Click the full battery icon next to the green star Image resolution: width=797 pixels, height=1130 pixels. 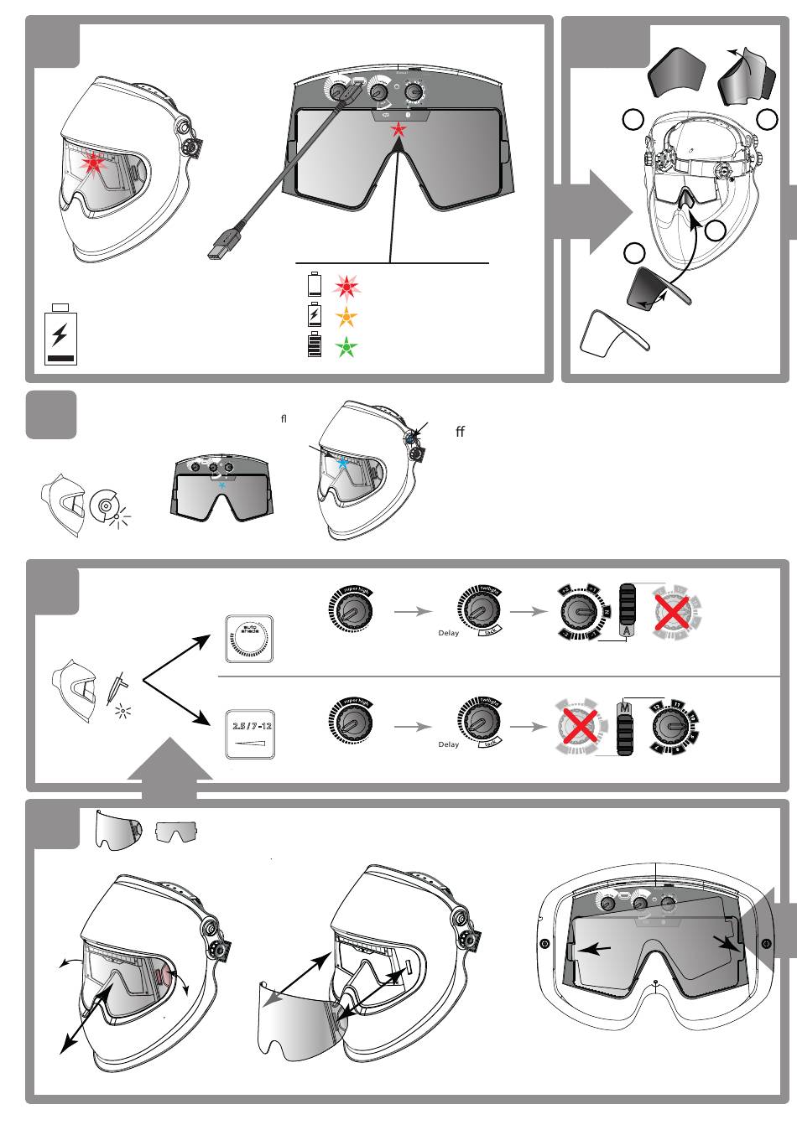[x=315, y=345]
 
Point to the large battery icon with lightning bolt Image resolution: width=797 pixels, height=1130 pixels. [x=60, y=335]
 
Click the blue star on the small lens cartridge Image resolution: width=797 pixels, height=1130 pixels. [x=222, y=485]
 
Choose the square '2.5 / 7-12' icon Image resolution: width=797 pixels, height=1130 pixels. [x=251, y=734]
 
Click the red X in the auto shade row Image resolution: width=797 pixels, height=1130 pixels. [x=671, y=612]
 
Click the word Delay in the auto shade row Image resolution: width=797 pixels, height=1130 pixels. [x=449, y=633]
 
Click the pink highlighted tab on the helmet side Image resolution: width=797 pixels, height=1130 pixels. [x=164, y=977]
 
